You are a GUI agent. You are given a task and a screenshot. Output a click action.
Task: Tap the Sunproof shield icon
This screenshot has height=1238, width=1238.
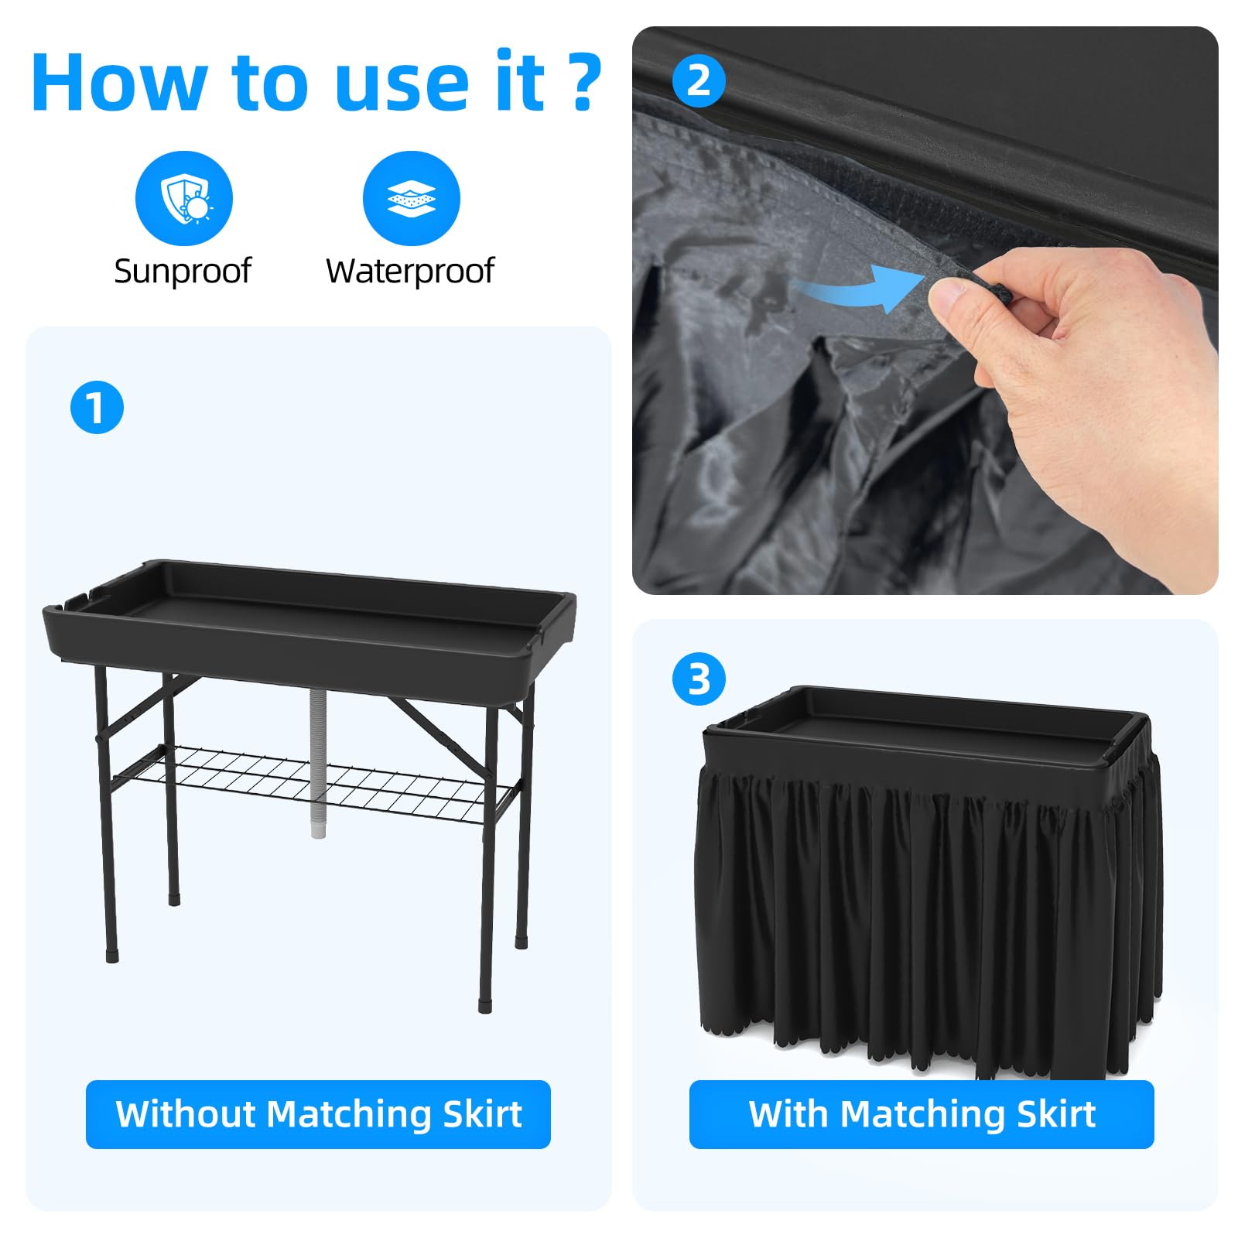click(x=184, y=199)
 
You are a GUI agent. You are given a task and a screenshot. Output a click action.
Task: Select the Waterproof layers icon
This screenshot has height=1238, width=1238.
click(x=412, y=199)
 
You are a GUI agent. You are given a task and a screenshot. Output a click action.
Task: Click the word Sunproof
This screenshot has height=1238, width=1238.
click(x=183, y=271)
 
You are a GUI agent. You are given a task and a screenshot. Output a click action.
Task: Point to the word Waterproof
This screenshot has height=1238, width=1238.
click(x=410, y=271)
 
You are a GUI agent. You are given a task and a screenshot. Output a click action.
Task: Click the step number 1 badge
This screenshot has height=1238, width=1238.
click(x=97, y=407)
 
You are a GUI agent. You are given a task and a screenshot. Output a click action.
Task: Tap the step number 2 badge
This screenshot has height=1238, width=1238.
click(x=699, y=80)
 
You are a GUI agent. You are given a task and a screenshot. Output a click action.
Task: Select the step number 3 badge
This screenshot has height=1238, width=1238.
click(x=699, y=679)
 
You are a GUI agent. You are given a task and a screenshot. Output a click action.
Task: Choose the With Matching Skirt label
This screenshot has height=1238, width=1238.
click(x=922, y=1114)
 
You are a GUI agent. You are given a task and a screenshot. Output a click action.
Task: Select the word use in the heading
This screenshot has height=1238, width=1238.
click(x=402, y=89)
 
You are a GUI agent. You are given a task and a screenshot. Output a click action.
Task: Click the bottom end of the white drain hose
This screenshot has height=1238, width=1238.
click(x=318, y=834)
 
